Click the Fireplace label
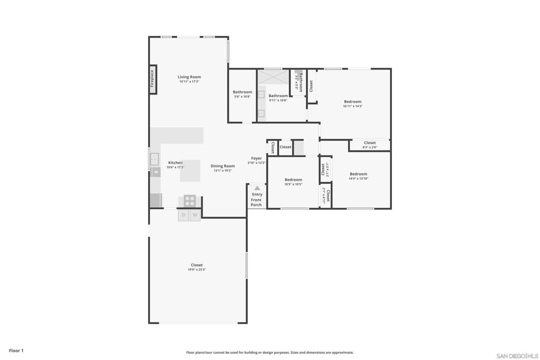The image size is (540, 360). [x=152, y=79]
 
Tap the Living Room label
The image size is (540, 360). [x=189, y=77]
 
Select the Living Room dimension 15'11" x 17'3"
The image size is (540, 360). [x=189, y=82]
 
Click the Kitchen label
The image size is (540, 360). [x=175, y=163]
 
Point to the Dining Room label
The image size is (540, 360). [x=223, y=166]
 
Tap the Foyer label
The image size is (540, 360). [x=256, y=158]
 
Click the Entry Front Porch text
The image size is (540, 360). [x=256, y=200]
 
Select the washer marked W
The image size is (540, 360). [x=195, y=215]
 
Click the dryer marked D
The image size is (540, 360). [x=184, y=215]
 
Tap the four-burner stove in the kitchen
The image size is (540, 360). [x=189, y=201]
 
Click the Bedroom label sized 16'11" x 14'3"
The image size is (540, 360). [x=353, y=102]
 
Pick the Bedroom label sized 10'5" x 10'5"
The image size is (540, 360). [x=293, y=180]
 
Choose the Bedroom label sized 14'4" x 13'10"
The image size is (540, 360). [x=358, y=174]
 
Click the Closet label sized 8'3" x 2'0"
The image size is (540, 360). [x=370, y=143]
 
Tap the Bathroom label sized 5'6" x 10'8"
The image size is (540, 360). [x=243, y=92]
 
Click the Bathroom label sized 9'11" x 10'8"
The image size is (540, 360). [x=278, y=96]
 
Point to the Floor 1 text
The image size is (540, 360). [x=16, y=351]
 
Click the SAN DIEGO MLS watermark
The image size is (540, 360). [x=517, y=356]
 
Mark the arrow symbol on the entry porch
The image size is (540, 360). [x=257, y=188]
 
